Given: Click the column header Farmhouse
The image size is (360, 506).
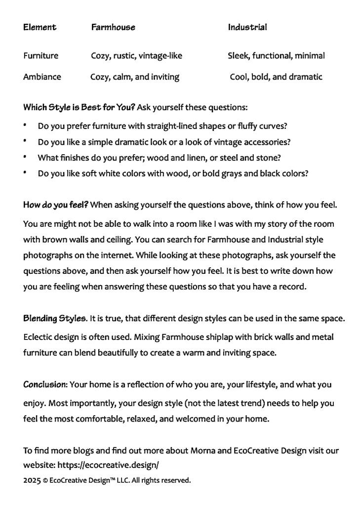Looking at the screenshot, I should [113, 27].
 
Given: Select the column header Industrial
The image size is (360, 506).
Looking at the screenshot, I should [247, 27].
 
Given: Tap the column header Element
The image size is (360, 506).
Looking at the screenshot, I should [40, 27].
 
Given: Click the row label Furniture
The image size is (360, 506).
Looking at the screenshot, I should [40, 56].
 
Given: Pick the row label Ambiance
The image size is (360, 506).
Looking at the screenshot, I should [42, 77].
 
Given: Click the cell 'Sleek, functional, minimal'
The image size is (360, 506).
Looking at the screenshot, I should [276, 56].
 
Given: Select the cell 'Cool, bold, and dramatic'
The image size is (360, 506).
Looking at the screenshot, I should [276, 77].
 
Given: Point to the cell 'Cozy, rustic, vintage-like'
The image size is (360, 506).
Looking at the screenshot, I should [136, 56].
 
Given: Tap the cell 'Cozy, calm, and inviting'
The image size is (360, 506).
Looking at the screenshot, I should [135, 77].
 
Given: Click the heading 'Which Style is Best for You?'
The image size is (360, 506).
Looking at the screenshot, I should [79, 107].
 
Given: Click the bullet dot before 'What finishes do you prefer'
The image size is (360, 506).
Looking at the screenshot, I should [25, 157].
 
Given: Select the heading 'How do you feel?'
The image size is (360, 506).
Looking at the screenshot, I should [56, 205].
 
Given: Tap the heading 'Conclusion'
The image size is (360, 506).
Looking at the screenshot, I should [45, 384].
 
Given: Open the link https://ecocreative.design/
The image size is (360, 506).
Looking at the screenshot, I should [108, 465].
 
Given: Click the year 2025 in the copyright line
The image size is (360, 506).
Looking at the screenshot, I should [31, 480].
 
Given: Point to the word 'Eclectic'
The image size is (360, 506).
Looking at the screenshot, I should [39, 337].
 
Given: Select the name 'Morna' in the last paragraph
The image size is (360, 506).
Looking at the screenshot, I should [202, 451].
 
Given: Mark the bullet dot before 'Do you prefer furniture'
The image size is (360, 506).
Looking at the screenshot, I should [25, 125].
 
